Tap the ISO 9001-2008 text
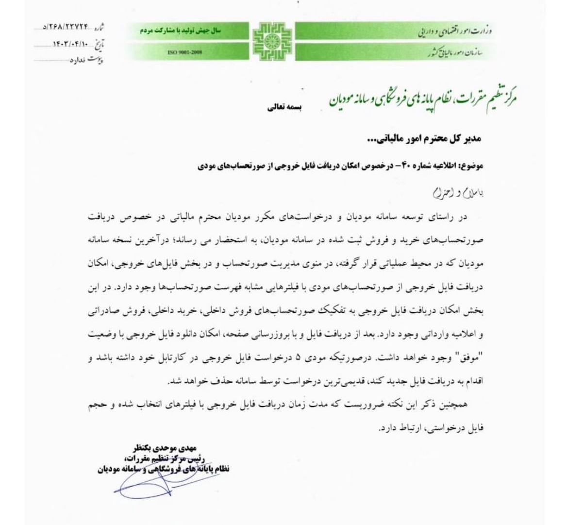tap(185, 51)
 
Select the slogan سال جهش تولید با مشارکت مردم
tap(181, 30)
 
